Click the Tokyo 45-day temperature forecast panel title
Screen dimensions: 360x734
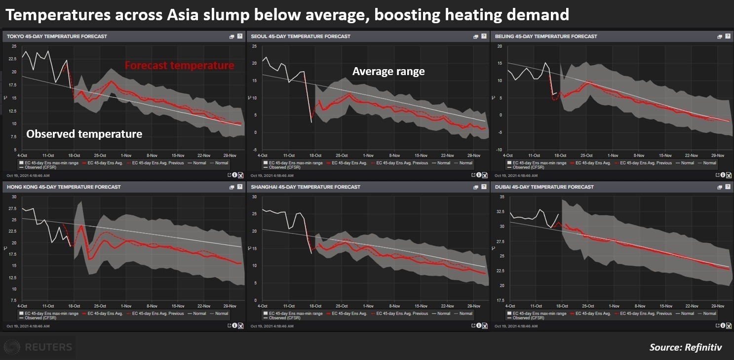(x=57, y=37)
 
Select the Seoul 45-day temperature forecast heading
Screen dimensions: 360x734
(x=301, y=37)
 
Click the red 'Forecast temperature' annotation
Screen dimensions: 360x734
(x=179, y=66)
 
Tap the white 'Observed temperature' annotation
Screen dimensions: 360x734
(x=84, y=134)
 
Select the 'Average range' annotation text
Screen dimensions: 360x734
(x=388, y=72)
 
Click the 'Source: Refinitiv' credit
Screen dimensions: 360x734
(x=685, y=348)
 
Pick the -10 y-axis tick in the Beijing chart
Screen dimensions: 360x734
(x=499, y=150)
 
